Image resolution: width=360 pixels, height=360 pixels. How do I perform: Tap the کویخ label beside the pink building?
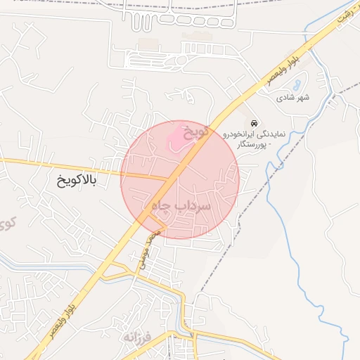tap(197, 131)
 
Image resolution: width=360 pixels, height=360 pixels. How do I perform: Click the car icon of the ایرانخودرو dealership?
tap(255, 123)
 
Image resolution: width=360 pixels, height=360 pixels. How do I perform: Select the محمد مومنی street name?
tap(148, 250)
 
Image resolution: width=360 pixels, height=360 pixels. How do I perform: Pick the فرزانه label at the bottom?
tap(138, 337)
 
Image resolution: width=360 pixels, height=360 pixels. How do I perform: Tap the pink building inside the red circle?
tap(177, 136)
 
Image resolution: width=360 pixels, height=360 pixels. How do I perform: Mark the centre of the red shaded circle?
tap(180, 179)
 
